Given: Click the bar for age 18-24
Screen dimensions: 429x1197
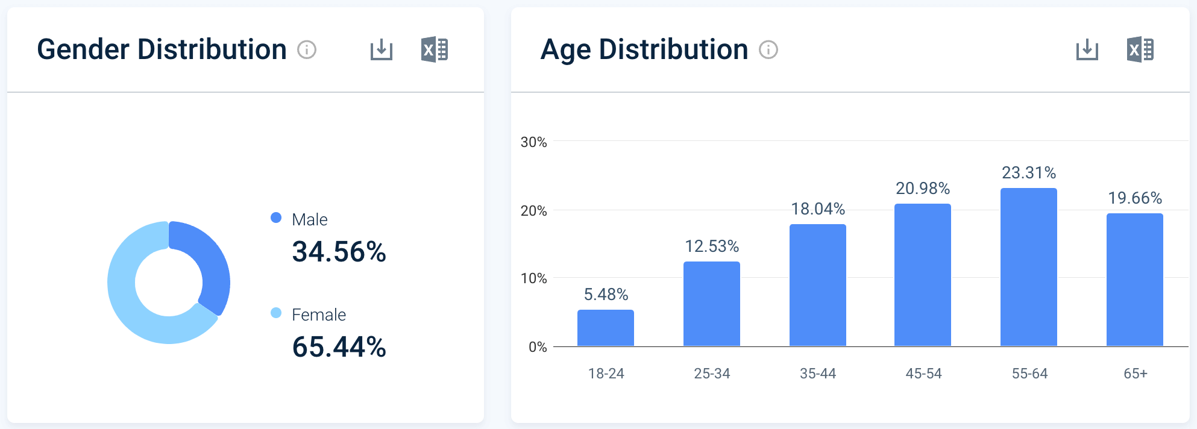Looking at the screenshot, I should coord(606,328).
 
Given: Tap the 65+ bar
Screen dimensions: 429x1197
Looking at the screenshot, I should coord(1135,280).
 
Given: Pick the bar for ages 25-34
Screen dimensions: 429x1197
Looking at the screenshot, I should coord(712,304).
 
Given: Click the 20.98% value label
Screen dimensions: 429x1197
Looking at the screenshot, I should coord(923,189).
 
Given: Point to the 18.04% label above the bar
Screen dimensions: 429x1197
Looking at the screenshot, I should coord(818,209).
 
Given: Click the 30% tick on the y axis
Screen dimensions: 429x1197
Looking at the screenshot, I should coord(533,142).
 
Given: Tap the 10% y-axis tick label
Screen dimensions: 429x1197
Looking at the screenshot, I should coord(533,278).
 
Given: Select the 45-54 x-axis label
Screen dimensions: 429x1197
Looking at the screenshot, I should coord(923,374).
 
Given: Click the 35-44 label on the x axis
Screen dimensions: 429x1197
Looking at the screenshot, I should coord(818,374).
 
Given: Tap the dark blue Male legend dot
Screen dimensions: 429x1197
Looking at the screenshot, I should coord(276,218).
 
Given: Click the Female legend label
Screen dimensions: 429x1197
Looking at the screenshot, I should coord(319,315).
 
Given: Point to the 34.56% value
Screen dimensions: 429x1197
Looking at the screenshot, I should coord(339,252).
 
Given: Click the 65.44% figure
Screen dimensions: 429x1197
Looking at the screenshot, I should coord(339,347).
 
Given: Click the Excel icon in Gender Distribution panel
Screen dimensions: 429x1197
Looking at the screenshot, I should coord(435,49).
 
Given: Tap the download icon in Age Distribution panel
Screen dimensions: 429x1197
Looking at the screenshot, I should coord(1087,49).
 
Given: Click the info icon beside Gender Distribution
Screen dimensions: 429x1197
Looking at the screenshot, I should coord(307,49).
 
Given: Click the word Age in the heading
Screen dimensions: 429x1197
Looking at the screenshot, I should coord(565,50).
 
